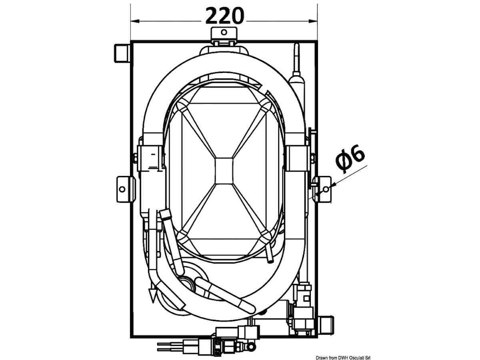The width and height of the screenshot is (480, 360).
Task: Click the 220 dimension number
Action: click(224, 16)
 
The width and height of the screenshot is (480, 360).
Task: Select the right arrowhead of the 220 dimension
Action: click(313, 21)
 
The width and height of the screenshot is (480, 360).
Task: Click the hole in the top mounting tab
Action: click(224, 32)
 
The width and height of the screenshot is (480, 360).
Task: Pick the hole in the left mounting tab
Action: click(122, 189)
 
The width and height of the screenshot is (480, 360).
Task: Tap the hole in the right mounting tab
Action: click(326, 189)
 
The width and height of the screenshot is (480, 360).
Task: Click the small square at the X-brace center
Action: click(224, 171)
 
